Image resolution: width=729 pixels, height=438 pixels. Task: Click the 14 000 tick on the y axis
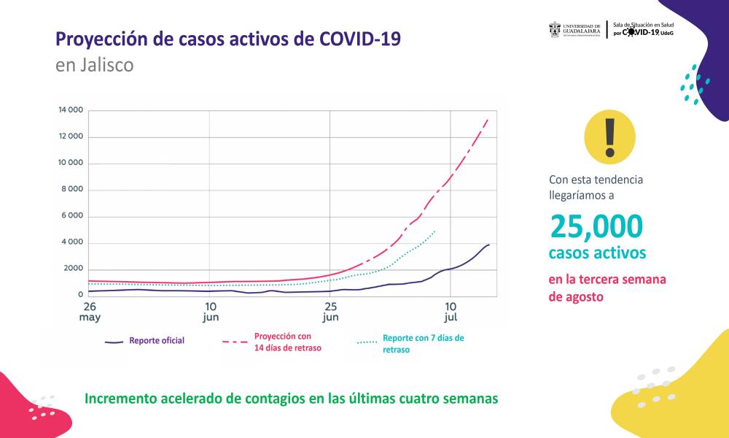pos(71,111)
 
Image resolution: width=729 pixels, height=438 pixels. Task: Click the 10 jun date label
pos(210,311)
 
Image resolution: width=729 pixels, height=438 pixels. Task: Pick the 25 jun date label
pos(331,311)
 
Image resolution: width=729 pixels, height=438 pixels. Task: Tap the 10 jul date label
pos(451,311)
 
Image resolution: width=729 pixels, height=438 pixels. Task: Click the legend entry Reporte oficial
pos(156,341)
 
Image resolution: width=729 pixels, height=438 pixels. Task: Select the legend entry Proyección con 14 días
pos(287,342)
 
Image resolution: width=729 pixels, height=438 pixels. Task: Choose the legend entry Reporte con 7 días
pos(423,344)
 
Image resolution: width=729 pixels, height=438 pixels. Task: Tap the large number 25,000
pos(597,227)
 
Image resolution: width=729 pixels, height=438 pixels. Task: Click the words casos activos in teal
pos(597,253)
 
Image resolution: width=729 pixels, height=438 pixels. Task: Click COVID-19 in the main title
pos(360,38)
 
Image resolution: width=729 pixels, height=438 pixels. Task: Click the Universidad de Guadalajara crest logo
pos(555,29)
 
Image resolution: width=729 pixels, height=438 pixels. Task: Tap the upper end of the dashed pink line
pos(488,118)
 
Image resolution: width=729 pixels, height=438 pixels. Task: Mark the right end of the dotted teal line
pos(435,231)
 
